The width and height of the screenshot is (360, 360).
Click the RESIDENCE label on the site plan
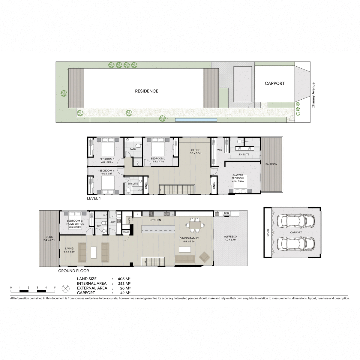pos(146,91)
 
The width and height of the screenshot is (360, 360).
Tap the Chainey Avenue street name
pos(313,95)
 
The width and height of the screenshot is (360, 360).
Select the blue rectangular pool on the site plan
pos(196,120)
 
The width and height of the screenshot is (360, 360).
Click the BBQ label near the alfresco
pos(226,213)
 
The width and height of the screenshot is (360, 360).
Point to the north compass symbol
pos(65,289)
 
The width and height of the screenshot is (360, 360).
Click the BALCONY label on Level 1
pos(271,164)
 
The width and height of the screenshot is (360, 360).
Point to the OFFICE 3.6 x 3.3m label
pos(195,151)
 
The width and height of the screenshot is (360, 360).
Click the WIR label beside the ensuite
pos(220,150)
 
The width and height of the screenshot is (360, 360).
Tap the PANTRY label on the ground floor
pos(129,220)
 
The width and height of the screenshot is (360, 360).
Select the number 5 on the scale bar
pos(55,287)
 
